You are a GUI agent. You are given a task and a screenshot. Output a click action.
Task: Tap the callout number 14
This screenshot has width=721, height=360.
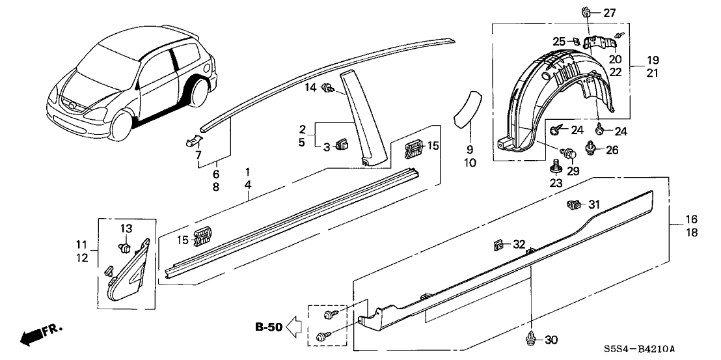pos(311,87)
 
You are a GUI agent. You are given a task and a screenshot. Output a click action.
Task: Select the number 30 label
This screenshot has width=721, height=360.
pos(551,339)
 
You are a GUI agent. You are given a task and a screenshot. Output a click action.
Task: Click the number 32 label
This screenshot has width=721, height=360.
pos(518,245)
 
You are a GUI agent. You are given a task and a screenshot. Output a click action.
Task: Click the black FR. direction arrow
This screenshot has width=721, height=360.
pos(31,337)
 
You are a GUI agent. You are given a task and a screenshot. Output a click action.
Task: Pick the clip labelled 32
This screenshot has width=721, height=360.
pos(498,246)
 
